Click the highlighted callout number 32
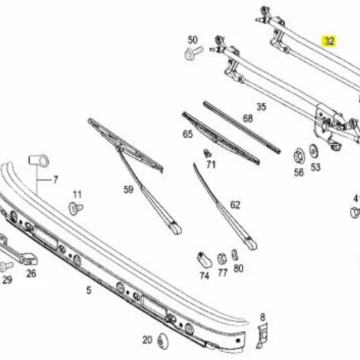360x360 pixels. pyautogui.click(x=329, y=41)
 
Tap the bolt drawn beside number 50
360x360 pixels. pyautogui.click(x=194, y=53)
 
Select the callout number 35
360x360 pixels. pyautogui.click(x=261, y=107)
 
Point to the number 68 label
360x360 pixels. pyautogui.click(x=248, y=118)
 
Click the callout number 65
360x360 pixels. pyautogui.click(x=188, y=134)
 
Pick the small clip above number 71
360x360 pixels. pyautogui.click(x=207, y=153)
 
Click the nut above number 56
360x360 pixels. pyautogui.click(x=299, y=156)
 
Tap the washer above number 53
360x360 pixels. pyautogui.click(x=314, y=151)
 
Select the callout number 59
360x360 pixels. pyautogui.click(x=128, y=189)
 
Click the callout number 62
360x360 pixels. pyautogui.click(x=235, y=205)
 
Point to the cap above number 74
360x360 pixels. pyautogui.click(x=204, y=260)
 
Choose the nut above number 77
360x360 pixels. pyautogui.click(x=222, y=259)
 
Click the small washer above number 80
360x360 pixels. pyautogui.click(x=235, y=255)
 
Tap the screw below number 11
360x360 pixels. pyautogui.click(x=76, y=208)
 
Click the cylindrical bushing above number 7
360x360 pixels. pyautogui.click(x=39, y=161)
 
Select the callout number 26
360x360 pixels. pyautogui.click(x=31, y=274)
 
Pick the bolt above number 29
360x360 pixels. pyautogui.click(x=6, y=266)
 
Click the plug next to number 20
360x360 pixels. pyautogui.click(x=163, y=341)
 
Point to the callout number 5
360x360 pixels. pyautogui.click(x=89, y=290)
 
